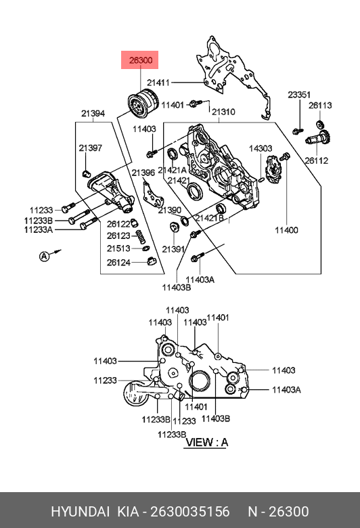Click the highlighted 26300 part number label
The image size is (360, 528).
coord(141,60)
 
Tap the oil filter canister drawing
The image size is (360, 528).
coord(143,104)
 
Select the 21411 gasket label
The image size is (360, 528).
coord(158,83)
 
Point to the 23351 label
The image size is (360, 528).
coord(299,95)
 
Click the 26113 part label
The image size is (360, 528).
coord(320,106)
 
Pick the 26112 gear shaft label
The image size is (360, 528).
coord(317,160)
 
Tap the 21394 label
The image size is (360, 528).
coord(93,114)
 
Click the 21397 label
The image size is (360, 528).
coord(90,148)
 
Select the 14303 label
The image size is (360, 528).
coord(261,148)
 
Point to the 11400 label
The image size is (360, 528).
coord(287,230)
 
